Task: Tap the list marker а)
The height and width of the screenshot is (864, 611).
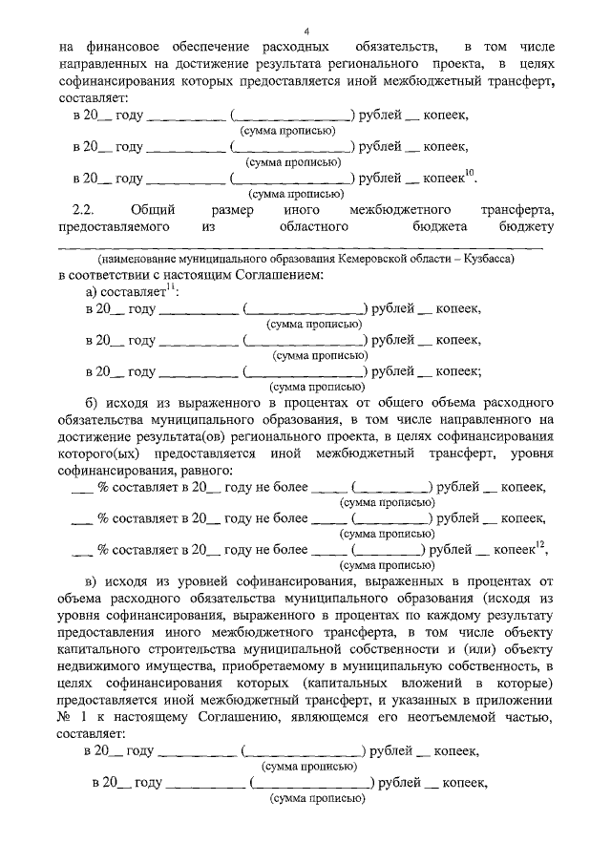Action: point(93,292)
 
